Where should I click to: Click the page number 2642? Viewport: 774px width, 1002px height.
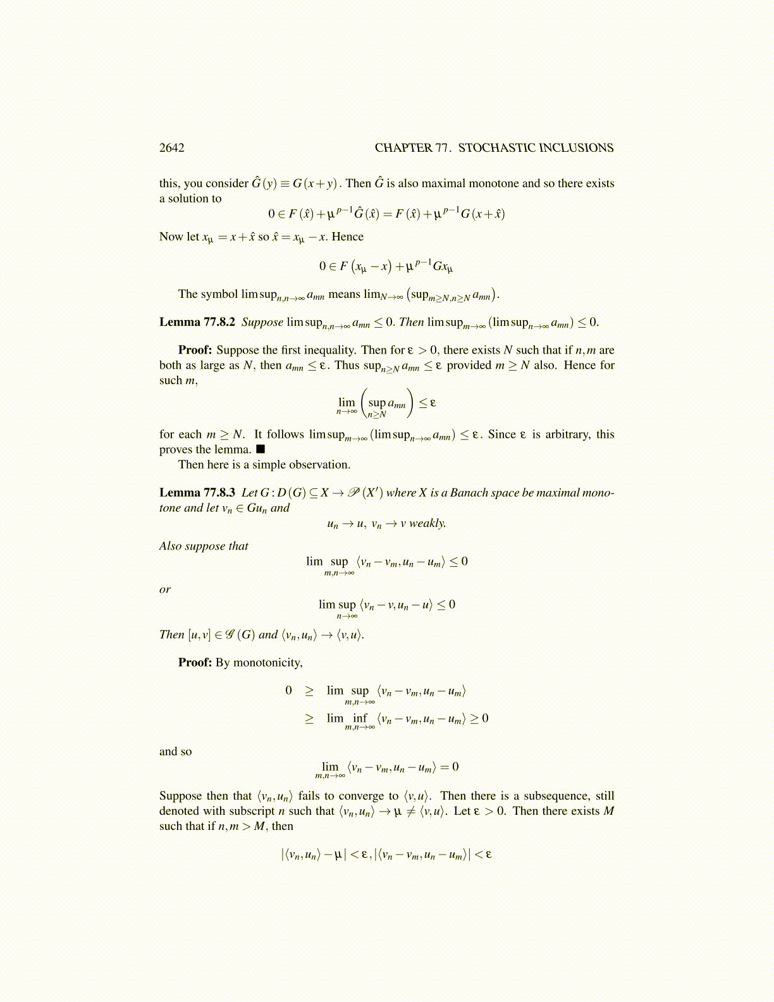point(171,148)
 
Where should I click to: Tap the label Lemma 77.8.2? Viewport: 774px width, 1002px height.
point(197,322)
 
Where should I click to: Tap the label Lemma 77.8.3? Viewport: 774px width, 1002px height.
point(197,493)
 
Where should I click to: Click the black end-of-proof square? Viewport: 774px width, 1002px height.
point(261,450)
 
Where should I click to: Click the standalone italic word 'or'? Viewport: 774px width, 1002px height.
point(165,590)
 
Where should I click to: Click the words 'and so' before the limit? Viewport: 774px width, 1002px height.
point(175,751)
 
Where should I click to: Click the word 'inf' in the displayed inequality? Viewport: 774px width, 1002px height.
point(360,718)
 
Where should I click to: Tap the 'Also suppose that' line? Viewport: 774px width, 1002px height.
point(204,546)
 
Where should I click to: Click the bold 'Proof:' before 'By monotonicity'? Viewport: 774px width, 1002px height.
point(195,663)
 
